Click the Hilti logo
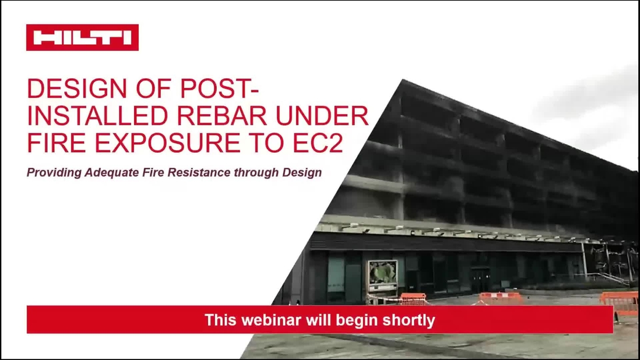coord(82,38)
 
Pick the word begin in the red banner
coord(360,320)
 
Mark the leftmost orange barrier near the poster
coord(413,299)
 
